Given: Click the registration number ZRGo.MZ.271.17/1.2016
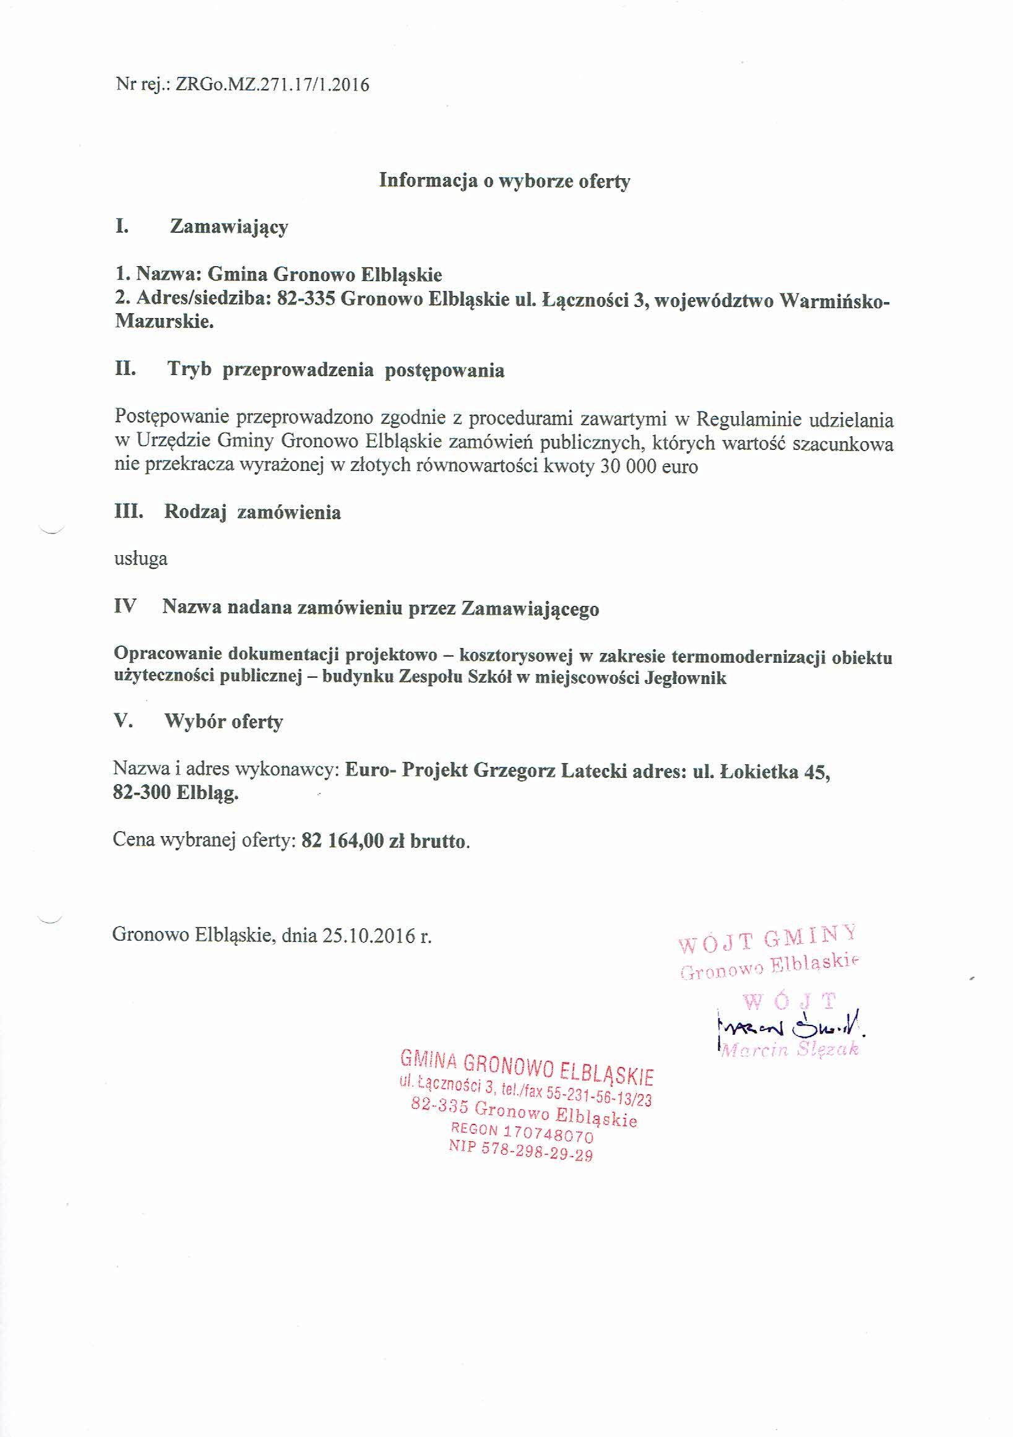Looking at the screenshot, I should (x=273, y=85).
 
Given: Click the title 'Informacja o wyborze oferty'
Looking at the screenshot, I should (x=505, y=181).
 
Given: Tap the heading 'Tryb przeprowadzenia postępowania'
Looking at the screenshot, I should (x=335, y=370).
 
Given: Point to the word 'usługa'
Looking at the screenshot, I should (x=141, y=558).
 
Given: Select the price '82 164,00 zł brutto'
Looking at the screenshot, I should (x=385, y=840).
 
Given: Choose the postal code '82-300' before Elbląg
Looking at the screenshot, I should (x=142, y=793).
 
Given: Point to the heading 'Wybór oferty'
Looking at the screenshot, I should (x=223, y=722).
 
